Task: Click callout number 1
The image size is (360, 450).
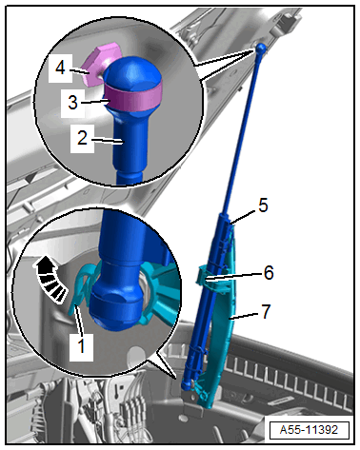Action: point(82,346)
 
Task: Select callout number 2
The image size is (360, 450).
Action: point(82,138)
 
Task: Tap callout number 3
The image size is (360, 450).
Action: point(72,103)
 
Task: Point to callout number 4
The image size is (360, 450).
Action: point(60,68)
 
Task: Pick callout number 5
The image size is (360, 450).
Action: point(263,205)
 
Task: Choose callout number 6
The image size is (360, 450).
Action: point(269,273)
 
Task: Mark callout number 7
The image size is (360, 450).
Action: point(266,312)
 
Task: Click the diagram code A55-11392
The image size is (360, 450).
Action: point(309,430)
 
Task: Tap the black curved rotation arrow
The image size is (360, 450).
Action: point(50,279)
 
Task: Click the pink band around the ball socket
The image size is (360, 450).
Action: point(132,95)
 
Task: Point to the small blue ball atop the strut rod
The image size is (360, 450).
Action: point(261,48)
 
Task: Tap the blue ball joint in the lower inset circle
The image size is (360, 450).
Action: point(117,303)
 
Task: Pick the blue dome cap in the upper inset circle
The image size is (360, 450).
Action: point(132,71)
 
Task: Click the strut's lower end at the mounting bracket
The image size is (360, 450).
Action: point(187,384)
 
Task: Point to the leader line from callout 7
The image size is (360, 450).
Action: point(246,315)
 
